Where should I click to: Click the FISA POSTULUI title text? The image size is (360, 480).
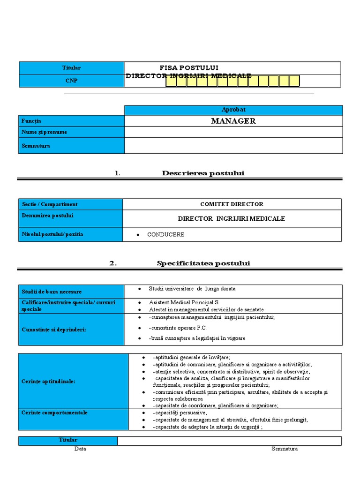point(189,67)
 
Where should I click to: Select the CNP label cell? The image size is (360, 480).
point(71,81)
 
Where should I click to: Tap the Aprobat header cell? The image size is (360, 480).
point(233,110)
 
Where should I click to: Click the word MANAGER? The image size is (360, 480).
point(233,121)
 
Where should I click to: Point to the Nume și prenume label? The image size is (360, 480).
point(45,132)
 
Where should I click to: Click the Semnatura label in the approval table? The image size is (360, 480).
point(36,146)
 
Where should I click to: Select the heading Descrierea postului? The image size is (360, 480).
point(203,173)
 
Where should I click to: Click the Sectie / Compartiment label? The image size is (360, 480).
point(50,204)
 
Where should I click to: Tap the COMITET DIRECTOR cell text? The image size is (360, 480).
point(232,204)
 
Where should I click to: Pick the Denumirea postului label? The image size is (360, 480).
point(48,216)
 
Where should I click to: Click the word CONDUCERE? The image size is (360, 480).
point(165,234)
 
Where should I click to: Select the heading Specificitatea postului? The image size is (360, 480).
point(203,263)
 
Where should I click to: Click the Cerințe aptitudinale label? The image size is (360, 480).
point(49,382)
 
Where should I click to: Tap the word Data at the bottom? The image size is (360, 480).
point(80,449)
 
